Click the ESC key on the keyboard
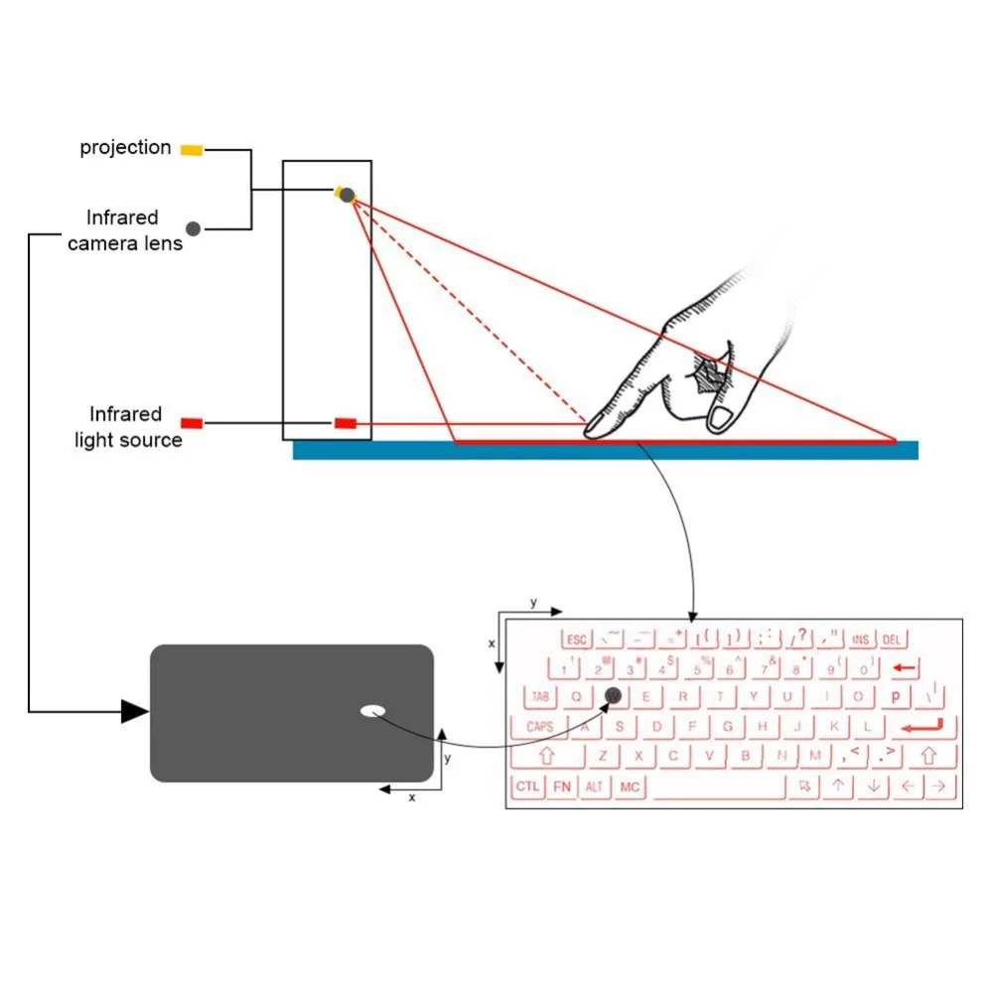(x=577, y=639)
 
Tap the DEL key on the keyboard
(x=892, y=639)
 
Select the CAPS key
(x=539, y=727)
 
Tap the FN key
(x=563, y=786)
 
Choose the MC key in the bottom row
(x=630, y=786)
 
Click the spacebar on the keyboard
(x=717, y=787)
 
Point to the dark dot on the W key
(x=613, y=696)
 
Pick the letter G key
(x=728, y=727)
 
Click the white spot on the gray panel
(x=373, y=710)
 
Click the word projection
(x=126, y=148)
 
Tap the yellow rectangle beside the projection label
(x=192, y=150)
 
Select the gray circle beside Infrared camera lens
(x=194, y=228)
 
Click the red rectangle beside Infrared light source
(x=192, y=423)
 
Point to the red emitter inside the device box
(x=345, y=423)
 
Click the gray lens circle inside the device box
(x=347, y=196)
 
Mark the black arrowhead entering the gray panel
(x=135, y=711)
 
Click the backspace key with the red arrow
(x=905, y=667)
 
